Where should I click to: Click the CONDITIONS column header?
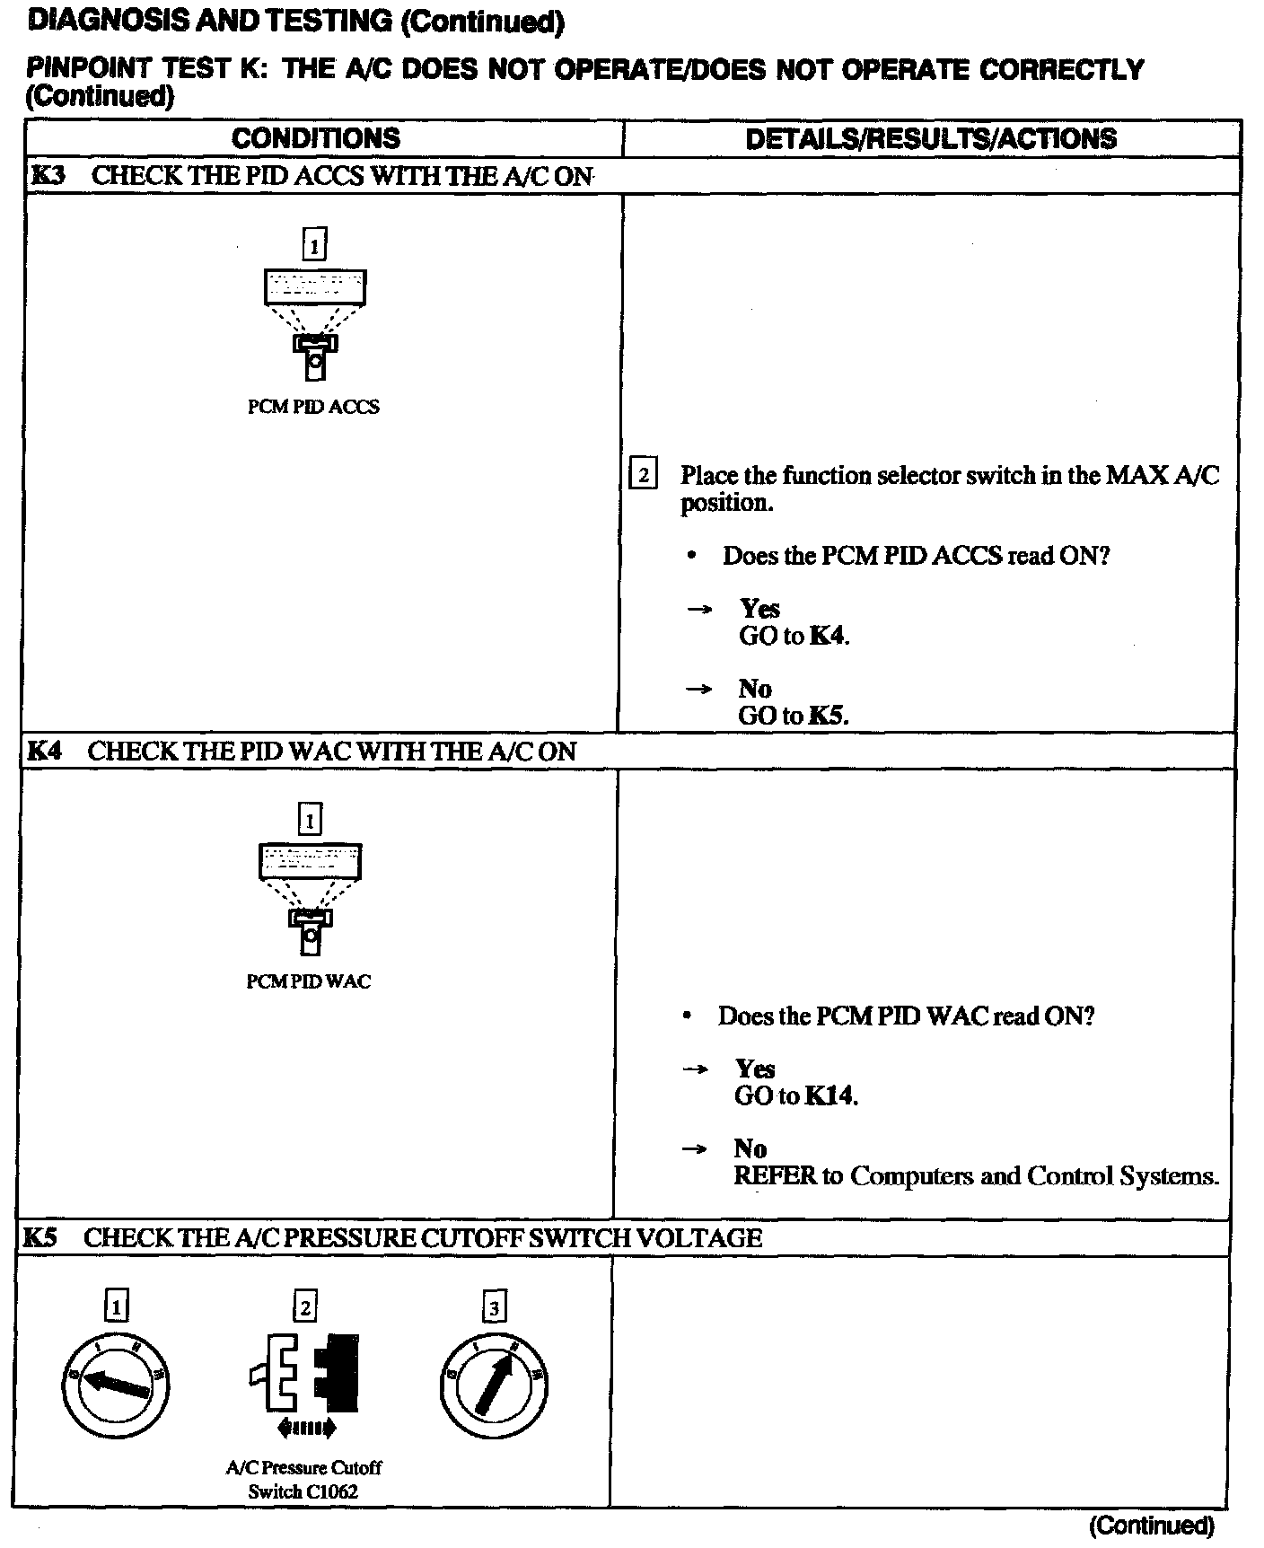click(315, 138)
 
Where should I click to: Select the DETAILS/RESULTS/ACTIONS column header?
click(931, 138)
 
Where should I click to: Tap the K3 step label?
click(48, 175)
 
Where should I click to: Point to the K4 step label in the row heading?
click(44, 751)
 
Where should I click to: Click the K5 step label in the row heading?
click(40, 1237)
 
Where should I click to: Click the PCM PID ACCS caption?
click(313, 407)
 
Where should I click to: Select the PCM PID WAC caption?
click(308, 981)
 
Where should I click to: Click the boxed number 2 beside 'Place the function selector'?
click(644, 473)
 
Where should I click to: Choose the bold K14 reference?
click(829, 1095)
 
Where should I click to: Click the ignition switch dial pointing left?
click(116, 1383)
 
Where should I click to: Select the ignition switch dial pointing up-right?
click(494, 1383)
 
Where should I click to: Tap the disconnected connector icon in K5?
click(305, 1378)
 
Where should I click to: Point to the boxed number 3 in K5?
click(494, 1308)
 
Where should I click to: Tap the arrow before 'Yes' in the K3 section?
click(699, 610)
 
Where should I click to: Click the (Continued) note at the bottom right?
click(1151, 1525)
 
